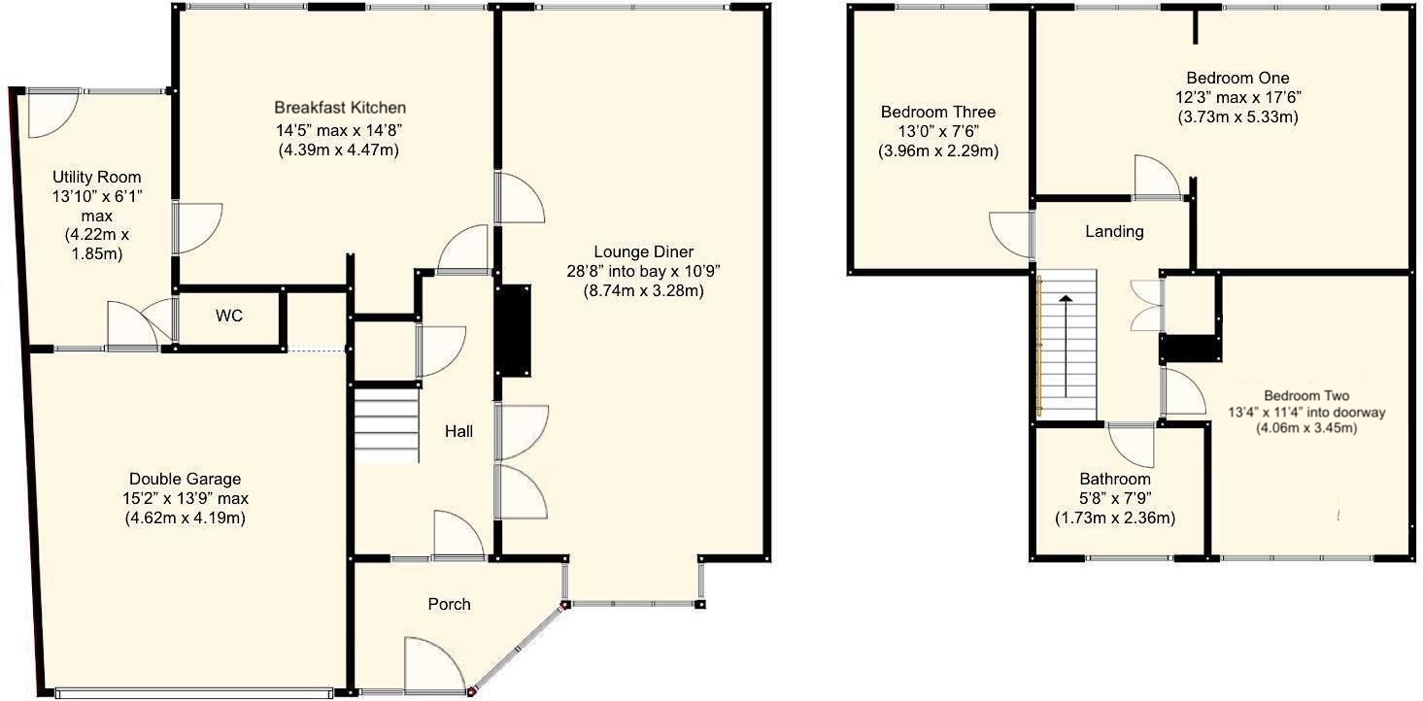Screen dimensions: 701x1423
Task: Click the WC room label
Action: (229, 317)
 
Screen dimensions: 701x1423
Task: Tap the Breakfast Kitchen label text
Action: (339, 108)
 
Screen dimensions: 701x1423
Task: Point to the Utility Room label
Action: (96, 178)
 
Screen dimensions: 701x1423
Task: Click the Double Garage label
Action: (185, 479)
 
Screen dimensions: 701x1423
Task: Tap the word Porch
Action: (449, 604)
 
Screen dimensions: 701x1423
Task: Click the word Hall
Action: (458, 431)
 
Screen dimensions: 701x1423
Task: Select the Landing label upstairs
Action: (1114, 232)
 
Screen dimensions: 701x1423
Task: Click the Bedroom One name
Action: (1237, 78)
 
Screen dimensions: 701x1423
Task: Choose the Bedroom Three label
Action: (937, 112)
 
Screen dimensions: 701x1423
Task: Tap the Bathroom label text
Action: (1115, 480)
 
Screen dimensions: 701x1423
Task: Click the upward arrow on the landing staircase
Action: (1066, 345)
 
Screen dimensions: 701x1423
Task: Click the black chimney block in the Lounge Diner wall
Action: (515, 330)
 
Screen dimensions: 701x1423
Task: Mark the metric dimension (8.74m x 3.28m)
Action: (643, 290)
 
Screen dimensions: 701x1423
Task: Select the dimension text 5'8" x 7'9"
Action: (1115, 499)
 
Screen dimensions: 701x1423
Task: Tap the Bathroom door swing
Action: (1131, 445)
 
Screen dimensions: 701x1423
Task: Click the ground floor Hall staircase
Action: (386, 424)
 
